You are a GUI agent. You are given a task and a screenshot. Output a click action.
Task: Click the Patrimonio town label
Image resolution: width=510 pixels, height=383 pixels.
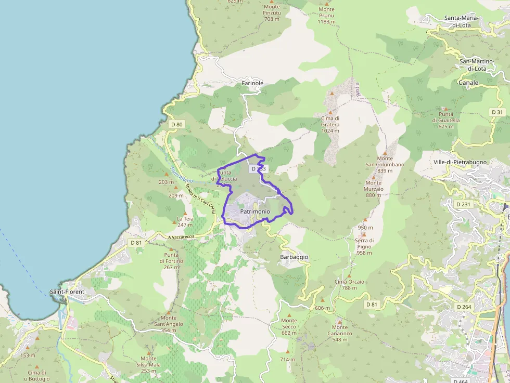point(255,212)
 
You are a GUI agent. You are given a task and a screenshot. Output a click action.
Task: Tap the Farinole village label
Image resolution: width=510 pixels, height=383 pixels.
point(253,83)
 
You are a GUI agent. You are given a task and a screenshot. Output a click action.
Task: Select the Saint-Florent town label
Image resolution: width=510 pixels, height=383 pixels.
point(67,292)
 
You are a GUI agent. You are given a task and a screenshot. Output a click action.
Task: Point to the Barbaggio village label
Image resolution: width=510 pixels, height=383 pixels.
point(294,257)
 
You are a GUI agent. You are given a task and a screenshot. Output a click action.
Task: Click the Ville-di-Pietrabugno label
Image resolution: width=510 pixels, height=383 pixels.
point(460,162)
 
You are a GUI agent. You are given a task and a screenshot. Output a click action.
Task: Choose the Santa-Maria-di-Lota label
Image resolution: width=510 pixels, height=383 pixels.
point(465,21)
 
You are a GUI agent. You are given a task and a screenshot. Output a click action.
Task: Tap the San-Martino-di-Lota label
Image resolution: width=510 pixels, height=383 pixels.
point(477,64)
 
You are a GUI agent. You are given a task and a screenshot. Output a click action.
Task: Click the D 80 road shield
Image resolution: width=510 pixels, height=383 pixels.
point(176,124)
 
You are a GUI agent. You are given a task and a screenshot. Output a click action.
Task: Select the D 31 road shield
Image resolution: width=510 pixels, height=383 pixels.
point(498,112)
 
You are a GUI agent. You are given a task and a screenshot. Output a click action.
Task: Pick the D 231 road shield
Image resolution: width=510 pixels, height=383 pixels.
point(463,204)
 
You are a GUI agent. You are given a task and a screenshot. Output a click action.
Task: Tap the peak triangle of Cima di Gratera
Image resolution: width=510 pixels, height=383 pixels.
point(330,111)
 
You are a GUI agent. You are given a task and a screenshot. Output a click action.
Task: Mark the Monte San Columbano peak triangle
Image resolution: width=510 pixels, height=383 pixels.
point(385,151)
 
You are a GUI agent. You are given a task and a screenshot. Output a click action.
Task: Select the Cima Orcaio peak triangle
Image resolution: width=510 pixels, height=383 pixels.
point(349,276)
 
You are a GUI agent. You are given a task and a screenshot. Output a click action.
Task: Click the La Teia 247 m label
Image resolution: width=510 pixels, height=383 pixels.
point(185,221)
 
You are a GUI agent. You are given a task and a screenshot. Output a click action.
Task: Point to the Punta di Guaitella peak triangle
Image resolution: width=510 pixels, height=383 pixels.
point(445,109)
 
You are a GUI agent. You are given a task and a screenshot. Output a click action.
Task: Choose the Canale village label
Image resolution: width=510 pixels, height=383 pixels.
point(468,83)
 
